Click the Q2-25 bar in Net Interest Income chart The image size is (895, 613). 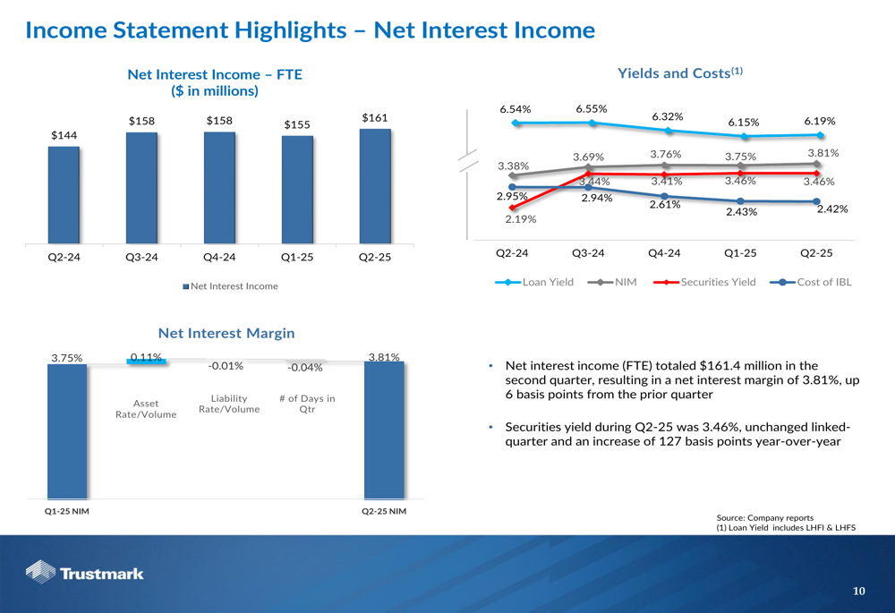pyautogui.click(x=375, y=185)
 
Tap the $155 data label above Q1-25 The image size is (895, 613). pyautogui.click(x=297, y=124)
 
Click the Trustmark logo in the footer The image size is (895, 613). pyautogui.click(x=85, y=573)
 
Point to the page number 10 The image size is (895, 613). pyautogui.click(x=859, y=591)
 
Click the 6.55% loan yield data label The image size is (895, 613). pyautogui.click(x=591, y=109)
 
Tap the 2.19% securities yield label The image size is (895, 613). pyautogui.click(x=521, y=218)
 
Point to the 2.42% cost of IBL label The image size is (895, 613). pyautogui.click(x=831, y=209)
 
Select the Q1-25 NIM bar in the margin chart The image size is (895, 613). pyautogui.click(x=67, y=430)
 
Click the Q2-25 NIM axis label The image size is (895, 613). pyautogui.click(x=383, y=511)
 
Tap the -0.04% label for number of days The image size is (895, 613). pyautogui.click(x=305, y=367)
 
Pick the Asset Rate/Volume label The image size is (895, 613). pyautogui.click(x=146, y=409)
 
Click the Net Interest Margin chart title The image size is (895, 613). pyautogui.click(x=226, y=333)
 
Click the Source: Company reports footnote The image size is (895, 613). pyautogui.click(x=765, y=517)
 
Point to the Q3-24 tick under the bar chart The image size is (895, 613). pyautogui.click(x=141, y=258)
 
